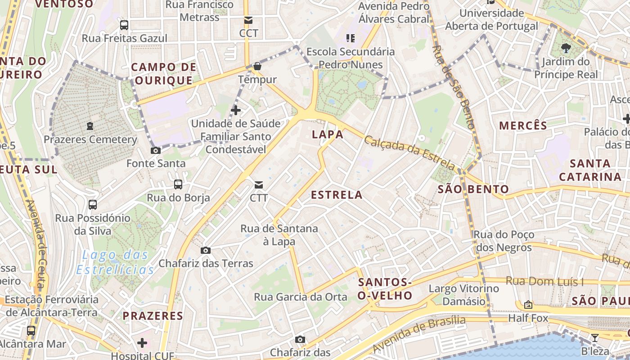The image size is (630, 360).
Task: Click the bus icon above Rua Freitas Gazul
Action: (124, 25)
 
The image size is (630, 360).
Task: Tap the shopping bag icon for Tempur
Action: (257, 67)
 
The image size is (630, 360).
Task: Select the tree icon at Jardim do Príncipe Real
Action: (566, 48)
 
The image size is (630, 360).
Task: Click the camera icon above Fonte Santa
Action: (156, 150)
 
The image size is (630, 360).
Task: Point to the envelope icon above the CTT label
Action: (259, 184)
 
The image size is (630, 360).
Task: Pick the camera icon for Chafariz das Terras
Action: (206, 250)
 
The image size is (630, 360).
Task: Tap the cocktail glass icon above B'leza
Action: (595, 337)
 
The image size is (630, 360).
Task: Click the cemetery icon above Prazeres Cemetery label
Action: (90, 126)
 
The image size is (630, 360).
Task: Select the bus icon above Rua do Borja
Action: (178, 184)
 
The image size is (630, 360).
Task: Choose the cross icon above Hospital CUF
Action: (142, 343)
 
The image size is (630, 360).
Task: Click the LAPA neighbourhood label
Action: (328, 134)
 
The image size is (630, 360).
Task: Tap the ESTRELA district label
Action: (337, 195)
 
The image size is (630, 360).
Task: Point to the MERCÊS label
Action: (523, 126)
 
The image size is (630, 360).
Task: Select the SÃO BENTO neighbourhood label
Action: (473, 189)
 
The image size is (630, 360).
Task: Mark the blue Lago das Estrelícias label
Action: (115, 262)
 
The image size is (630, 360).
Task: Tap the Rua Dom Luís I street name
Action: (544, 282)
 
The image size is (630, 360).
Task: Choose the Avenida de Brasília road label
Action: (418, 334)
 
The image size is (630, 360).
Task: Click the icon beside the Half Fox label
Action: (528, 305)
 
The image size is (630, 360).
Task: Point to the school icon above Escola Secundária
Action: (351, 38)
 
